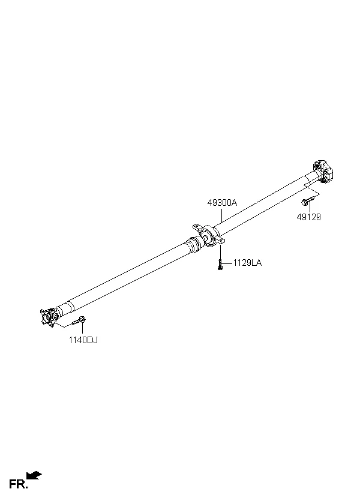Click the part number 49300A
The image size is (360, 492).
click(x=222, y=203)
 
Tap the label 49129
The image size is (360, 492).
click(x=309, y=217)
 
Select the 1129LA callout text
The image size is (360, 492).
click(x=247, y=263)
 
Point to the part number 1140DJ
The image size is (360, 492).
click(x=83, y=340)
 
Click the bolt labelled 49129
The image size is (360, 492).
click(x=308, y=200)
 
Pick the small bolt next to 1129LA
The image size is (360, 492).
click(x=220, y=265)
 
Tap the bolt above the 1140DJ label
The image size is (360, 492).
click(x=79, y=320)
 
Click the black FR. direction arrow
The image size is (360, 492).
click(x=34, y=475)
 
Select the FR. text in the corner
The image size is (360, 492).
click(x=18, y=484)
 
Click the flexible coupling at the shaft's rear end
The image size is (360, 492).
click(x=323, y=170)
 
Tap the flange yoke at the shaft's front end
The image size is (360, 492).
click(x=49, y=317)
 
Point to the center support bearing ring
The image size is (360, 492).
click(x=208, y=236)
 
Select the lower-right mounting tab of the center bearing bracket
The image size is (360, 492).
click(x=221, y=241)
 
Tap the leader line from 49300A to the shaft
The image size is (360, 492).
click(x=221, y=215)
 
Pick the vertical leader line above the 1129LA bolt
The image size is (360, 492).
click(x=220, y=252)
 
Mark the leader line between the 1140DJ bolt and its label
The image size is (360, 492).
click(x=83, y=328)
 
